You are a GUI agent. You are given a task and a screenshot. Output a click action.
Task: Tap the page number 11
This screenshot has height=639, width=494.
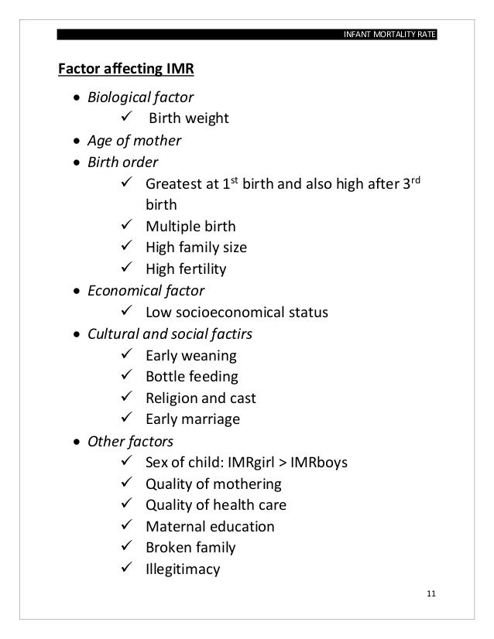click(431, 593)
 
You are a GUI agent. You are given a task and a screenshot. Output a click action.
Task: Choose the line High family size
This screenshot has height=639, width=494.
click(197, 248)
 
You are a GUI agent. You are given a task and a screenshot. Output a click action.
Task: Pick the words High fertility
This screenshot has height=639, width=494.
click(186, 270)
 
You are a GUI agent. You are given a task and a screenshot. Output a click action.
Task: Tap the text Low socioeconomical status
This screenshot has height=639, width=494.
click(236, 313)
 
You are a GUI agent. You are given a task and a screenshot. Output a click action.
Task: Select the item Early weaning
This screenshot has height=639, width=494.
click(191, 356)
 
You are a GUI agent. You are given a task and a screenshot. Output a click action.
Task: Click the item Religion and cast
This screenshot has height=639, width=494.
click(201, 399)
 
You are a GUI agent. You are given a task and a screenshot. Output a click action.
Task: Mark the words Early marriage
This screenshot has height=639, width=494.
click(193, 420)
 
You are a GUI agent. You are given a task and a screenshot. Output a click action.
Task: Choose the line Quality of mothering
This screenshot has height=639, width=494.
click(213, 485)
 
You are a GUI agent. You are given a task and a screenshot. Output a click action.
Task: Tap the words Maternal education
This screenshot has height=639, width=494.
click(209, 527)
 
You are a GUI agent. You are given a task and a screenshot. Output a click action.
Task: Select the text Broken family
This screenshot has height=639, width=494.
click(190, 548)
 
